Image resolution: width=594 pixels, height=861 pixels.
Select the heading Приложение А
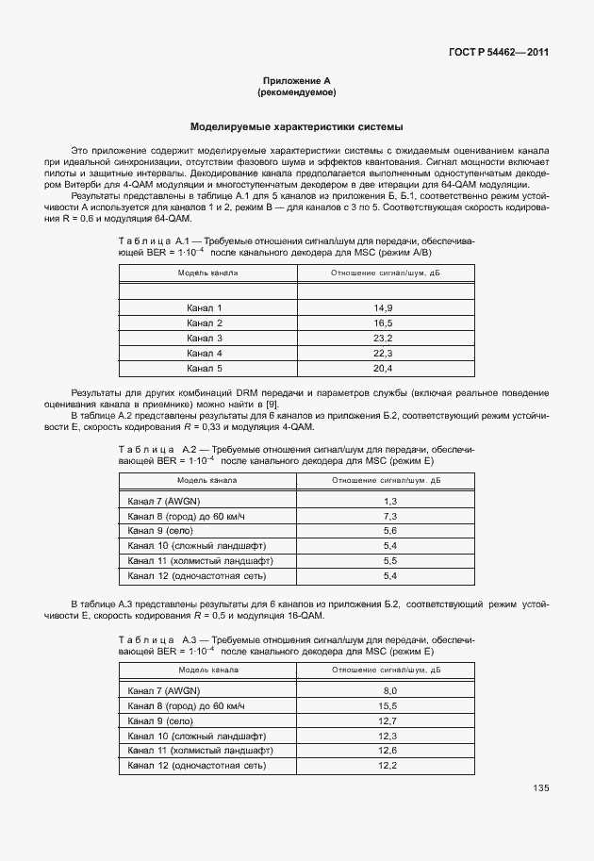(296, 82)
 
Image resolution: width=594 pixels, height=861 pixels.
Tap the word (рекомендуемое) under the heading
(296, 93)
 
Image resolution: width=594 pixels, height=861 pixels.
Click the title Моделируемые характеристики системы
(297, 125)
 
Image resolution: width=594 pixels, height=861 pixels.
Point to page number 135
(540, 788)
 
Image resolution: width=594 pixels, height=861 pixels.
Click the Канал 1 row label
(205, 308)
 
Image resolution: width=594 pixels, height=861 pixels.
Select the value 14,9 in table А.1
(383, 308)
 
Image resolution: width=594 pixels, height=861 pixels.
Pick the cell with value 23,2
(383, 338)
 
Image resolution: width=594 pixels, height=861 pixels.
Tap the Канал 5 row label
(205, 368)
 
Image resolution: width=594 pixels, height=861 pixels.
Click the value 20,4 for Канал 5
(383, 368)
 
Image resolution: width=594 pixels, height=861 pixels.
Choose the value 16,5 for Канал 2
(383, 323)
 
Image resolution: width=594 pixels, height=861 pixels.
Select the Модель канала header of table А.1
(207, 273)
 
